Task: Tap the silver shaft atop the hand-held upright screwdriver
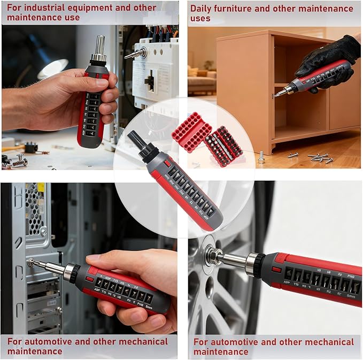pyautogui.click(x=99, y=45)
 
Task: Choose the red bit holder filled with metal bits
pyautogui.click(x=224, y=145)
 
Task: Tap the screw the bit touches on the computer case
pyautogui.click(x=30, y=262)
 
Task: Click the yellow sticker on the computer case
pyautogui.click(x=40, y=189)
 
